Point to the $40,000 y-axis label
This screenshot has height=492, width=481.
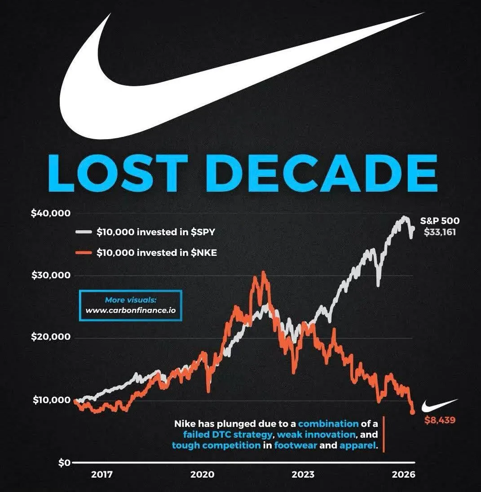click(51, 213)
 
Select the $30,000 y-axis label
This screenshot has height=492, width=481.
click(51, 275)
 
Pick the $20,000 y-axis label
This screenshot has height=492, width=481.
click(51, 337)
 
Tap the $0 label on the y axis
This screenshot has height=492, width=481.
click(64, 463)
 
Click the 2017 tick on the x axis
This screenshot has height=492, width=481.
click(102, 474)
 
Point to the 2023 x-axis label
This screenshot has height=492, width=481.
click(303, 474)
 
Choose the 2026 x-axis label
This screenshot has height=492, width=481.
click(404, 474)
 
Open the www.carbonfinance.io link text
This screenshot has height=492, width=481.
click(131, 310)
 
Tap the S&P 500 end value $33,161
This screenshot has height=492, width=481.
click(440, 232)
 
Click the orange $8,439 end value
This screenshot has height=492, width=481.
click(440, 421)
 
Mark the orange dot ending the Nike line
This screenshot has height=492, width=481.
click(412, 412)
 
